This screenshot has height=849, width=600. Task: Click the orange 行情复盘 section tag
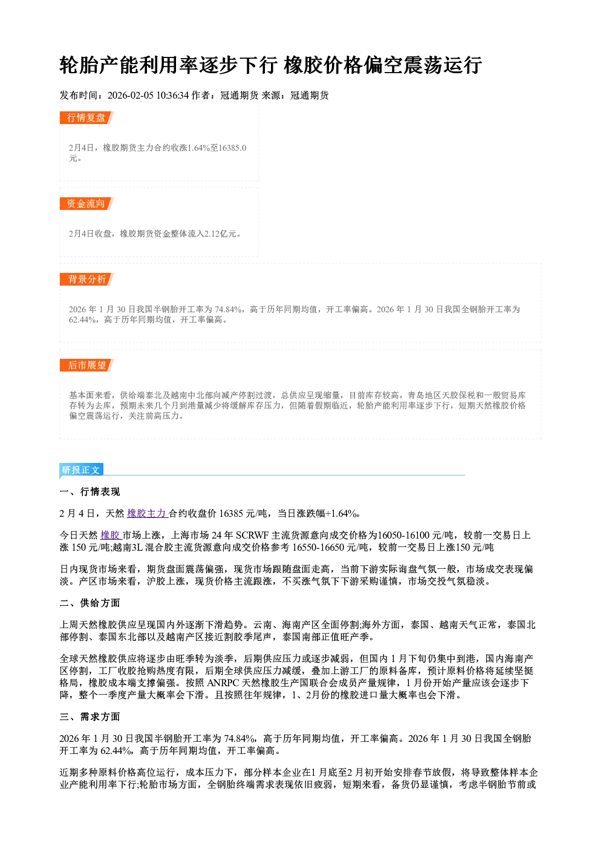pyautogui.click(x=86, y=117)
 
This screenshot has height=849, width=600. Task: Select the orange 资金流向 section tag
pyautogui.click(x=86, y=203)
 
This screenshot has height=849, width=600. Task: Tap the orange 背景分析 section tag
pyautogui.click(x=86, y=280)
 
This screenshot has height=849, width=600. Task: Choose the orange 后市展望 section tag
pyautogui.click(x=86, y=365)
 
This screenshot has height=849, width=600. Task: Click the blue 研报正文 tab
pyautogui.click(x=82, y=470)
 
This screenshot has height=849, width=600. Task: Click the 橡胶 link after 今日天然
pyautogui.click(x=110, y=535)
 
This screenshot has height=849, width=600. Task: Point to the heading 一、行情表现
pyautogui.click(x=90, y=492)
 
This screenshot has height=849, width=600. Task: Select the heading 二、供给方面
pyautogui.click(x=90, y=603)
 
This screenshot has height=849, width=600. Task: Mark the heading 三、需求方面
pyautogui.click(x=90, y=716)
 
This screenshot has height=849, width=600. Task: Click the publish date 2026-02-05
pyautogui.click(x=131, y=95)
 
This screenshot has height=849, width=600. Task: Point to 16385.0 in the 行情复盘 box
pyautogui.click(x=233, y=148)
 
